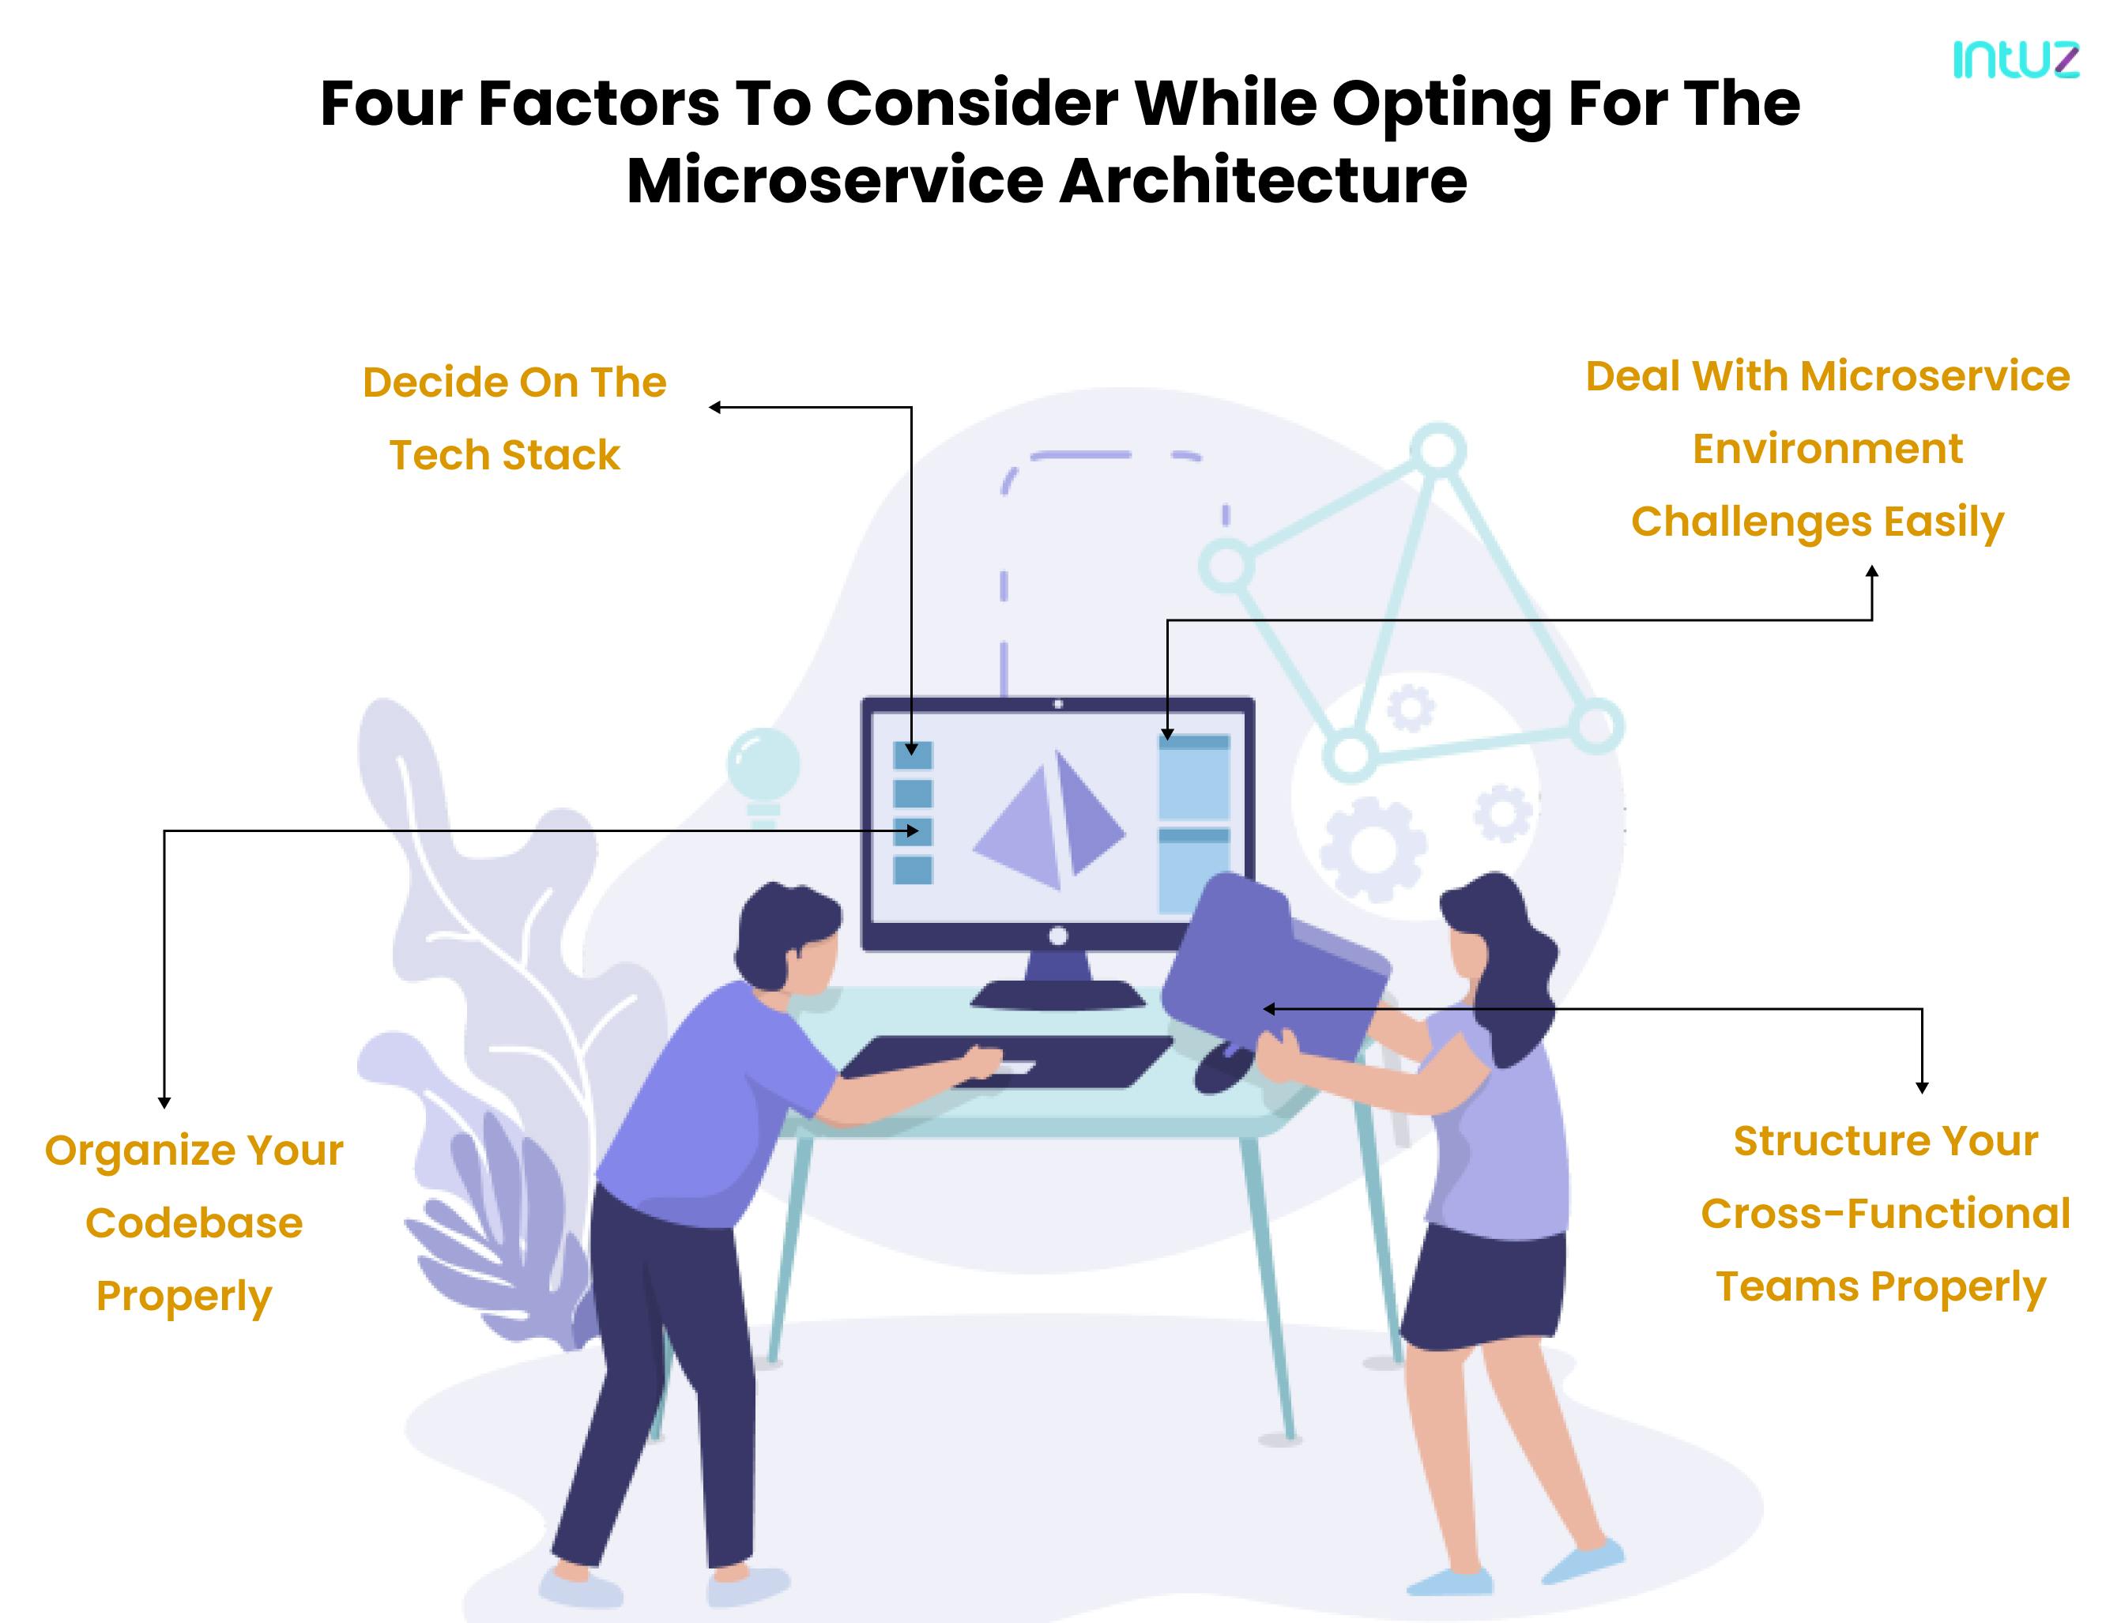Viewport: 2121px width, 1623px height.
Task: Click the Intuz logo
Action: (x=2016, y=60)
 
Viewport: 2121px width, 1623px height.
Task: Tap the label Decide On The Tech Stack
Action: (x=514, y=418)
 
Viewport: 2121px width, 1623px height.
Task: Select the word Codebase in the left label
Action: (x=194, y=1223)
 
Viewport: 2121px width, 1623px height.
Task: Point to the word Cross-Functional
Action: (x=1886, y=1214)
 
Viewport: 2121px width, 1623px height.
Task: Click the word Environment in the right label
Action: (x=1827, y=448)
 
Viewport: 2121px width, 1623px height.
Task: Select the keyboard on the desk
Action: (x=1006, y=1062)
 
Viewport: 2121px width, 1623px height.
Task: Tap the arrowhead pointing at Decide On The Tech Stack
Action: (x=715, y=408)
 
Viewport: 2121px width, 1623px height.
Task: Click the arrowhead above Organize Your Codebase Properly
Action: (x=164, y=1101)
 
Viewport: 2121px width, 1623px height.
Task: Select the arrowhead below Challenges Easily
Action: (x=1872, y=571)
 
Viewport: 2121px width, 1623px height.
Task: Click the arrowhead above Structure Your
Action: (x=1922, y=1088)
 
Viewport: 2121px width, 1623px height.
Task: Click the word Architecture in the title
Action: (x=1263, y=181)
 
